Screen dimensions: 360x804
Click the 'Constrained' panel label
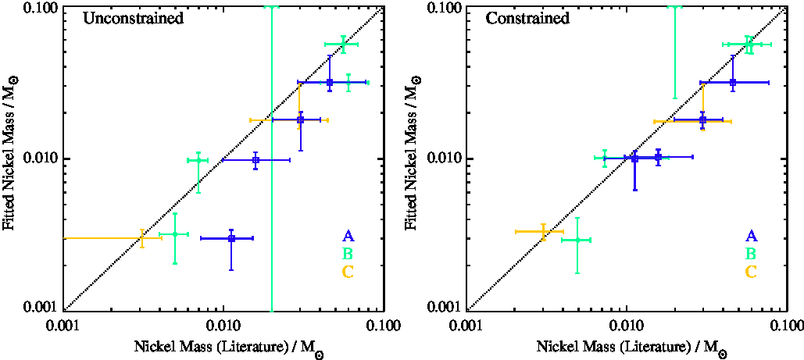(x=527, y=17)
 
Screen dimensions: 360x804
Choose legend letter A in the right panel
(x=751, y=237)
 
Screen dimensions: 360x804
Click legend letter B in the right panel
(x=751, y=255)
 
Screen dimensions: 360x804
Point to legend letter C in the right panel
(x=751, y=273)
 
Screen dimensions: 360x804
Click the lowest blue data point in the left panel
(x=231, y=237)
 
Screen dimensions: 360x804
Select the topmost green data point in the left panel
(x=342, y=45)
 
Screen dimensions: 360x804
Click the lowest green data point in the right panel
(x=577, y=240)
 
